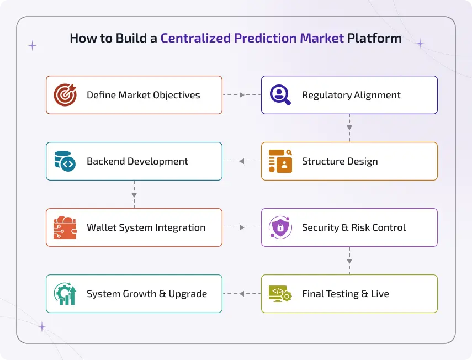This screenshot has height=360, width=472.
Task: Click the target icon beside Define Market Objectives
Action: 65,95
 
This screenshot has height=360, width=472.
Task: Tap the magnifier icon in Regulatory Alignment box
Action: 280,95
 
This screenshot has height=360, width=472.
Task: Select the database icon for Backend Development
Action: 65,161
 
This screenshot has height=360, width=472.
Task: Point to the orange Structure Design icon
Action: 280,161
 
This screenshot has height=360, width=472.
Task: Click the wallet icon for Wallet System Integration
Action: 65,227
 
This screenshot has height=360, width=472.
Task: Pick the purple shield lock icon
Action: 280,227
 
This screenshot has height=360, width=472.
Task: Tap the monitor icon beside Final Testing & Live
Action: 280,294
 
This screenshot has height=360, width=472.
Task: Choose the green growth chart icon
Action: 65,294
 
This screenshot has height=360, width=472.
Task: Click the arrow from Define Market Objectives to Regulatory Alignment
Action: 241,95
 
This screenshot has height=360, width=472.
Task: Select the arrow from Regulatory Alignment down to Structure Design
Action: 349,128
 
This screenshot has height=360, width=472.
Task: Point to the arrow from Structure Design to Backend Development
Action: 242,161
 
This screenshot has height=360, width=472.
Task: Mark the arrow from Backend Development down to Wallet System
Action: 134,194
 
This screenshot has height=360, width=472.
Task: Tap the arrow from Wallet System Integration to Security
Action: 241,227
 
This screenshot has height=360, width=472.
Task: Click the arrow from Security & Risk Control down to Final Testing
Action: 349,260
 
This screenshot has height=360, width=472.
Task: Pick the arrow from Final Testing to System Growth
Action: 242,294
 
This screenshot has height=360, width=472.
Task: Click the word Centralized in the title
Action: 195,39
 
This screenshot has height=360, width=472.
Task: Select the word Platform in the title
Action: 374,39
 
